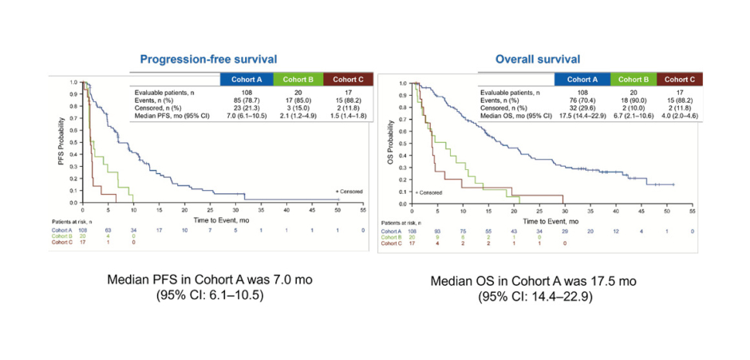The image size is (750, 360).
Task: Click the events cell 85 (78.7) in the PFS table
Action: pos(246,101)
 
